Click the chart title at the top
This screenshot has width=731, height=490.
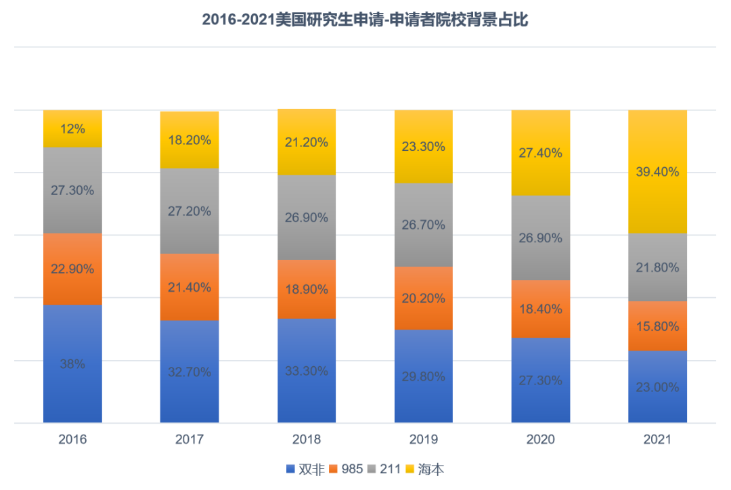click(x=365, y=20)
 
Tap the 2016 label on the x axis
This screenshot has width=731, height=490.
click(x=72, y=440)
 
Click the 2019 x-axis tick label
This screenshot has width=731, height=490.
click(x=424, y=440)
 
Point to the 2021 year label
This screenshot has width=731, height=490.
click(x=657, y=440)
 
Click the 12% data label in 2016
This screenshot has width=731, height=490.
click(x=72, y=129)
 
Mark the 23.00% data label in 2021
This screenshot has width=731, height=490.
click(x=657, y=388)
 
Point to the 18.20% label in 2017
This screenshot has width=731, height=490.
click(x=190, y=140)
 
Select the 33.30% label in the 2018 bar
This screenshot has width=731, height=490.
click(x=307, y=371)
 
